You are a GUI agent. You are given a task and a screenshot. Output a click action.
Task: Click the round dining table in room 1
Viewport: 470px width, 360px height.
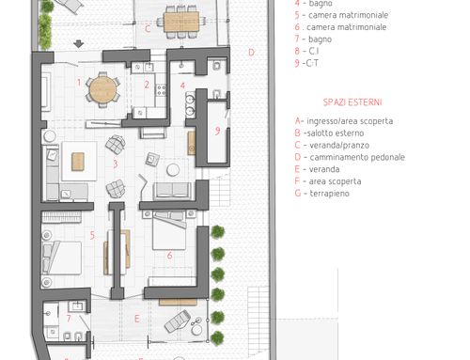pyautogui.click(x=102, y=90)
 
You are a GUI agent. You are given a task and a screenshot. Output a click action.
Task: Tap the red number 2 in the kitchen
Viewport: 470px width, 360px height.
pyautogui.click(x=147, y=85)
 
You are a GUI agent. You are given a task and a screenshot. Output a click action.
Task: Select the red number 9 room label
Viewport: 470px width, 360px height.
pyautogui.click(x=217, y=131)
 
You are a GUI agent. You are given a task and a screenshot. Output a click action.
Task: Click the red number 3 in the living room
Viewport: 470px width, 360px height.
pyautogui.click(x=116, y=164)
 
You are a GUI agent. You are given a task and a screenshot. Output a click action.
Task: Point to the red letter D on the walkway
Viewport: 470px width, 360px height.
pyautogui.click(x=251, y=53)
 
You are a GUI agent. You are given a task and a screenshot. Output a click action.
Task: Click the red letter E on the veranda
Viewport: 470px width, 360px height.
pyautogui.click(x=137, y=319)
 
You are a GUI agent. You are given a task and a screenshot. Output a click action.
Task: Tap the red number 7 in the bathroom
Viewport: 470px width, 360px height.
pyautogui.click(x=69, y=319)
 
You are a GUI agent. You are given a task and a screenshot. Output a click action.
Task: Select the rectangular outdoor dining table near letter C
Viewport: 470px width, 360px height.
pyautogui.click(x=181, y=22)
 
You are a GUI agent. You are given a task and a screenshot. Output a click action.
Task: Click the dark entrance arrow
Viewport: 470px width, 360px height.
pyautogui.click(x=78, y=44)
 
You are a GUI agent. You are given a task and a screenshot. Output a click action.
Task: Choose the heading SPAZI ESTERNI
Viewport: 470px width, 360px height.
pyautogui.click(x=352, y=102)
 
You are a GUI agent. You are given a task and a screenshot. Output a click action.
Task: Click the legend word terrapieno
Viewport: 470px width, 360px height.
pyautogui.click(x=329, y=194)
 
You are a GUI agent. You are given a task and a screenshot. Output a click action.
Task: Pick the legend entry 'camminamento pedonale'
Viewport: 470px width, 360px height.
pyautogui.click(x=357, y=157)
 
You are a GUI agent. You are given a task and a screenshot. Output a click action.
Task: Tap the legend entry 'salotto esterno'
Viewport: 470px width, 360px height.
pyautogui.click(x=336, y=133)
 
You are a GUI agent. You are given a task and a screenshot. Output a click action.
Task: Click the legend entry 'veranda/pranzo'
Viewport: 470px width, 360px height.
pyautogui.click(x=339, y=145)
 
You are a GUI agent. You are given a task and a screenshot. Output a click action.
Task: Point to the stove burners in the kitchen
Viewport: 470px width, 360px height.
pyautogui.click(x=161, y=90)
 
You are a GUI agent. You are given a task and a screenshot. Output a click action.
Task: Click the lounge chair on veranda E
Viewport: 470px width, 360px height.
pyautogui.click(x=178, y=321)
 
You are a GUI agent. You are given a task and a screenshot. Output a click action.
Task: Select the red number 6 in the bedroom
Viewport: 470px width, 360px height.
pyautogui.click(x=169, y=256)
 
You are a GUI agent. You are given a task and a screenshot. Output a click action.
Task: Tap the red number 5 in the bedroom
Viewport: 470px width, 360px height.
pyautogui.click(x=92, y=235)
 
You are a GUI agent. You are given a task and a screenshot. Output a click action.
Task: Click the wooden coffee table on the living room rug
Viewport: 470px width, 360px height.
pyautogui.click(x=78, y=162)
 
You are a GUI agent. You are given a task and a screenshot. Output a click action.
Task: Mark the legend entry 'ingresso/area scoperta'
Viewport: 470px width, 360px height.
pyautogui.click(x=350, y=121)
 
